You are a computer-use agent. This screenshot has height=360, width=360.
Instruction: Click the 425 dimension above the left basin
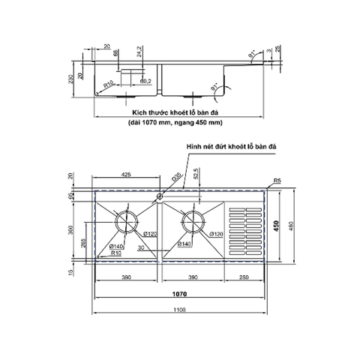[x=126, y=175]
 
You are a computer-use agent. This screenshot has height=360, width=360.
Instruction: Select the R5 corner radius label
[x=277, y=181]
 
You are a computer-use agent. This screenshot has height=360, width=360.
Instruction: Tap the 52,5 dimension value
[x=196, y=174]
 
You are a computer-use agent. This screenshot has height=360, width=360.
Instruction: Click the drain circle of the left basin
[x=126, y=223]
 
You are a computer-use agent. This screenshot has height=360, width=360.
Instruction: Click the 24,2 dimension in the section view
[x=139, y=52]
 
